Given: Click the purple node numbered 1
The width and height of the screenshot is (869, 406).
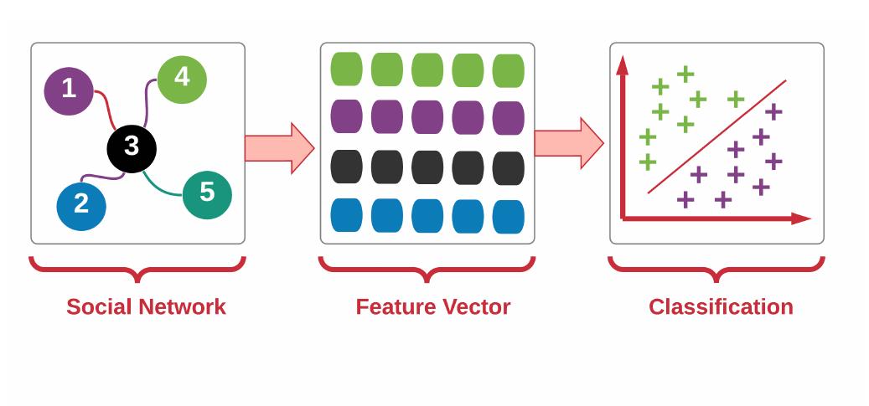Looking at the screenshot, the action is [68, 91].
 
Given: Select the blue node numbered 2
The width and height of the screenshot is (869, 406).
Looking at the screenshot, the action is [81, 206].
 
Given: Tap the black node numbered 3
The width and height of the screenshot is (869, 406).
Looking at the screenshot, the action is [132, 148].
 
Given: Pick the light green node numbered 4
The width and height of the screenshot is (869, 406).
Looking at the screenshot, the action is [182, 80].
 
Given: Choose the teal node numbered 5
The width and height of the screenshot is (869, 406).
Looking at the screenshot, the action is [207, 194].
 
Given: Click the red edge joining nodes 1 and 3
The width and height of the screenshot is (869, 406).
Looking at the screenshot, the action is [106, 107].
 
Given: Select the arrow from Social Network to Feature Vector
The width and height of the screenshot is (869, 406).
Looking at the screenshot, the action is [280, 148].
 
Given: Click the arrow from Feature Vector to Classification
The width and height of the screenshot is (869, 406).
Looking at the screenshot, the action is [569, 143].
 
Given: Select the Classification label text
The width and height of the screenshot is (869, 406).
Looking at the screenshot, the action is [721, 307].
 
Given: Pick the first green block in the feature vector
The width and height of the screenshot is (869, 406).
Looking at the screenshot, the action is [346, 69].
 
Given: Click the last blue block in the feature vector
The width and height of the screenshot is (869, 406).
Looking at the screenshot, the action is [508, 217].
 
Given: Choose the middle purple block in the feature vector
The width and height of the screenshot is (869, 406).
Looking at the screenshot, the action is [427, 117].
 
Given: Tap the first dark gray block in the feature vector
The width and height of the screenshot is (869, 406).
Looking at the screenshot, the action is [346, 167].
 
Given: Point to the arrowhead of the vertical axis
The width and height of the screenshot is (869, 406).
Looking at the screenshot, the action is [623, 64].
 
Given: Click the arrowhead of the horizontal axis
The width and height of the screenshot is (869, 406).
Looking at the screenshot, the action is [801, 218].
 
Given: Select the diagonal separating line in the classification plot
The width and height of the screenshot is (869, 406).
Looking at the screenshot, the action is [717, 136].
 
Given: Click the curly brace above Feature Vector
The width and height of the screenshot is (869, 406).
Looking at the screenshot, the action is [427, 270].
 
